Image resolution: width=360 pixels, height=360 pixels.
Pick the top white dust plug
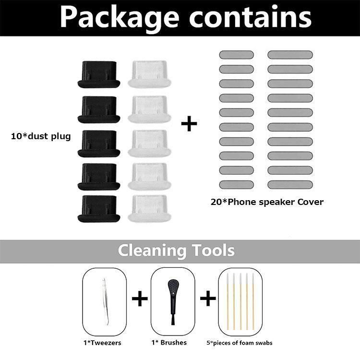148,74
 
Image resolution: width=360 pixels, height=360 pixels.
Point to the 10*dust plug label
41,136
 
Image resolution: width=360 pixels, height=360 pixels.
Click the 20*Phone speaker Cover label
267,202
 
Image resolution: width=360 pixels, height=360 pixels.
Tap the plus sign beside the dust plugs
189,124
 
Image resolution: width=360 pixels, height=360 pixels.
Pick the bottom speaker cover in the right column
290,184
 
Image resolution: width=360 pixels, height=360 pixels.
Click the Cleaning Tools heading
176,251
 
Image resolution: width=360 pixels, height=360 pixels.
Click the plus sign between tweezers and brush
139,300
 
